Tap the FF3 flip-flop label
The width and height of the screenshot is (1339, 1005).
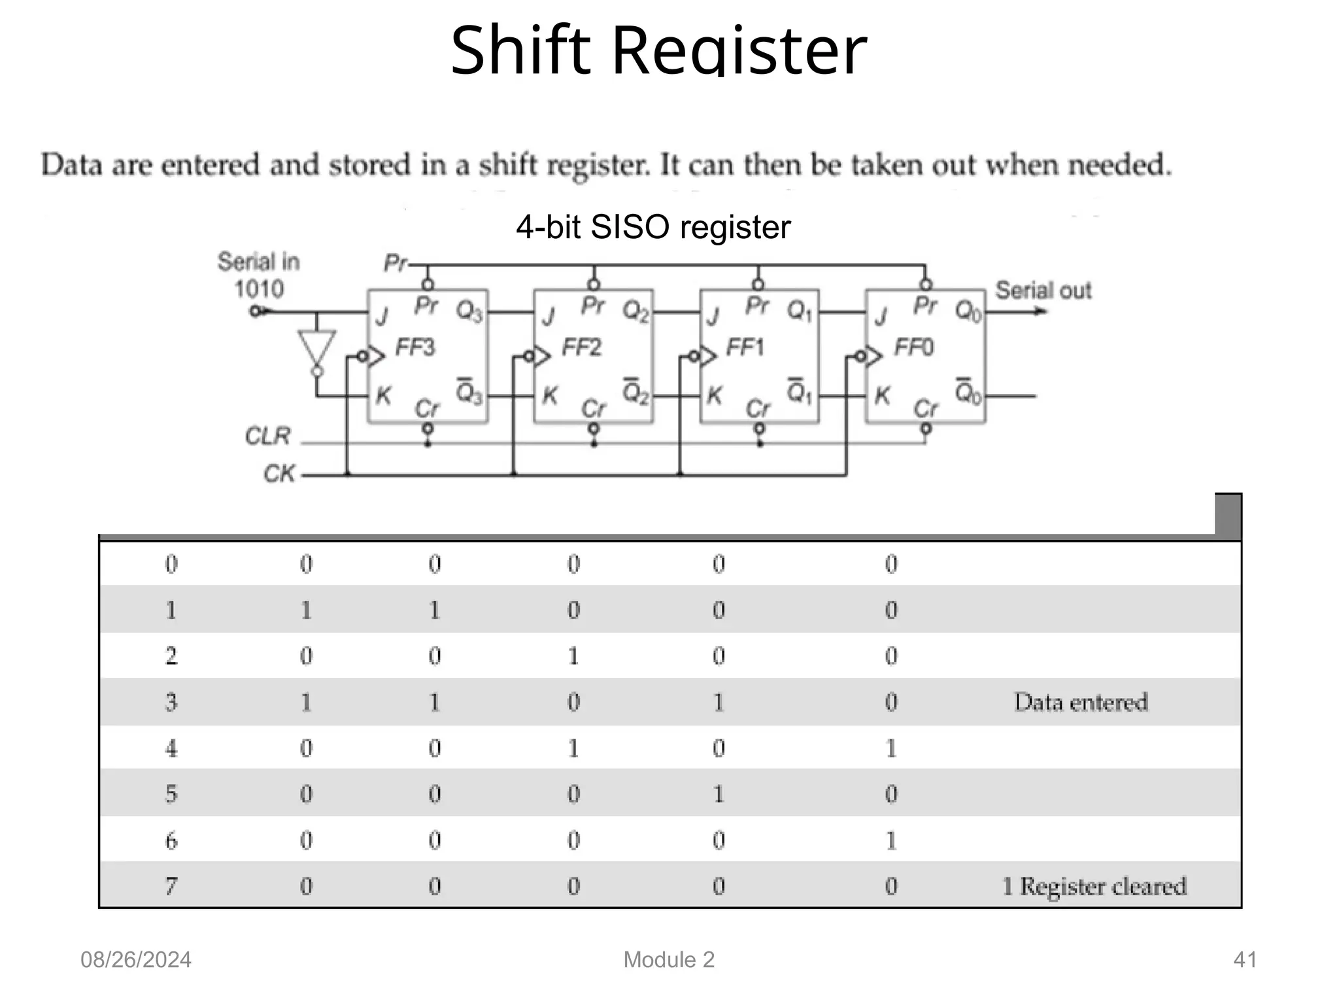click(x=415, y=347)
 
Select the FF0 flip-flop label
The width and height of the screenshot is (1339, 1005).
click(x=913, y=347)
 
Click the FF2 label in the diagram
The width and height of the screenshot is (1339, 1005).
click(x=581, y=347)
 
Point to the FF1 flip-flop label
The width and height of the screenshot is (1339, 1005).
click(x=745, y=347)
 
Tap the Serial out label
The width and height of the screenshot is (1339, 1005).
click(x=1043, y=290)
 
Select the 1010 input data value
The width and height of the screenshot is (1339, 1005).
click(x=259, y=289)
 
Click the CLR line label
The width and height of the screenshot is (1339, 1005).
click(x=267, y=436)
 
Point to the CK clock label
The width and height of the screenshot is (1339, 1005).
click(x=279, y=473)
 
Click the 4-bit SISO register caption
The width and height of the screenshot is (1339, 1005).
click(x=653, y=227)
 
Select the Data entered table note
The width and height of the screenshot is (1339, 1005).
click(x=1081, y=702)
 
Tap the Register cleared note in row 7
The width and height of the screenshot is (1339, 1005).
click(x=1103, y=887)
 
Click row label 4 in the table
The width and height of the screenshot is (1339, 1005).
click(x=171, y=748)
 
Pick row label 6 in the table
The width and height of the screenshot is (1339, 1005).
click(x=171, y=840)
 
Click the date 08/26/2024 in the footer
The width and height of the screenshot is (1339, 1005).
click(x=136, y=960)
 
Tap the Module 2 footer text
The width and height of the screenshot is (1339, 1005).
click(x=669, y=960)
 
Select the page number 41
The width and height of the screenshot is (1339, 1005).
click(x=1244, y=960)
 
